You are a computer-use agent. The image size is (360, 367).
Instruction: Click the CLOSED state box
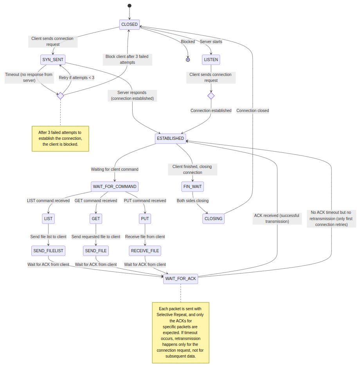click(130, 24)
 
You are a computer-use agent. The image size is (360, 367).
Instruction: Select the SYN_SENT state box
click(53, 60)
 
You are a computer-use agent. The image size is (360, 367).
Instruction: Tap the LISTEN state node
click(211, 60)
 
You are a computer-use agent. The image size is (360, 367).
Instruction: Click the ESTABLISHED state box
click(170, 138)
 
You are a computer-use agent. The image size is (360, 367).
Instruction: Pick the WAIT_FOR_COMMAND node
click(115, 186)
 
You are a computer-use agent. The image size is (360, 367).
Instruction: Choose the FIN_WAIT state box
click(193, 186)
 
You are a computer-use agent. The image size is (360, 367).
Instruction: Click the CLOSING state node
click(214, 219)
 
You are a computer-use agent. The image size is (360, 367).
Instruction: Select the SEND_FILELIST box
click(48, 251)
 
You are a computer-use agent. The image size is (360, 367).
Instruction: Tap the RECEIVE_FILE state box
click(145, 251)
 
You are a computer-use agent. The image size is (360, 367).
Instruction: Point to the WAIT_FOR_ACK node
click(180, 278)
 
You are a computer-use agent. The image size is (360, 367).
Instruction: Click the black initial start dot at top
click(130, 5)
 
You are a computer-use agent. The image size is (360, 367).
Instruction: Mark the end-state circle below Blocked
click(188, 60)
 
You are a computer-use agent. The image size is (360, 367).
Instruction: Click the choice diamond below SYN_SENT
click(60, 96)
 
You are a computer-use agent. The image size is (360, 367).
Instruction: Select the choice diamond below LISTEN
click(211, 96)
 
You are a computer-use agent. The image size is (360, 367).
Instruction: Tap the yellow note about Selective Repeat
click(180, 333)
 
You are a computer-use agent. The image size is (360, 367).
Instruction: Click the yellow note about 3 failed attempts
click(60, 138)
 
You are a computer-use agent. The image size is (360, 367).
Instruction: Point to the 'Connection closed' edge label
click(252, 110)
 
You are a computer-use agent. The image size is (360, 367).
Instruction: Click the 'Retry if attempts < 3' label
click(77, 78)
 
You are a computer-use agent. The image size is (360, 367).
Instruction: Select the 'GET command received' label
click(96, 201)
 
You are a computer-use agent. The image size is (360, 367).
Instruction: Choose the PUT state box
click(145, 219)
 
